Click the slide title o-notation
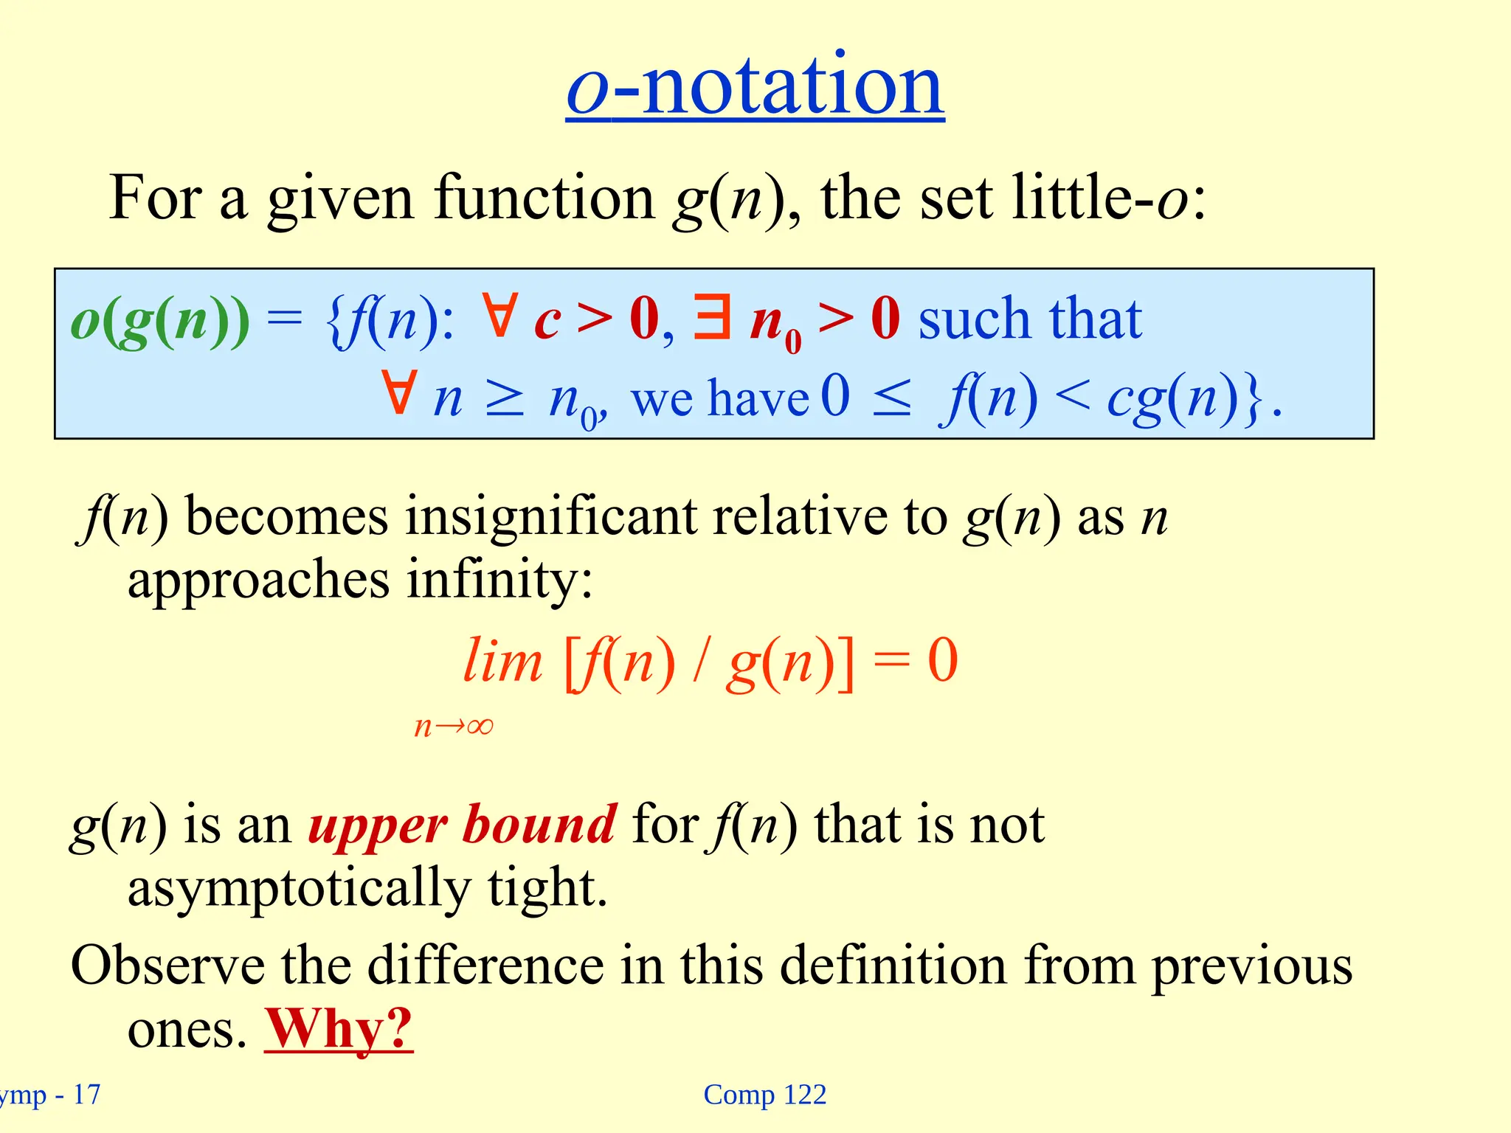pyautogui.click(x=755, y=87)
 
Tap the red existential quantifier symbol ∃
pyautogui.click(x=712, y=317)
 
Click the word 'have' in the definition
pyautogui.click(x=759, y=399)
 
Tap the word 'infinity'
pyautogui.click(x=499, y=579)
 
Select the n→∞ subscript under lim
pyautogui.click(x=454, y=727)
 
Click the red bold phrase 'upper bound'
pyautogui.click(x=462, y=824)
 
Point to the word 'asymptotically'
pyautogui.click(x=299, y=888)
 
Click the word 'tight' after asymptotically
pyautogui.click(x=546, y=888)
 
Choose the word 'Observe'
pyautogui.click(x=167, y=965)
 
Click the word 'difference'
pyautogui.click(x=485, y=965)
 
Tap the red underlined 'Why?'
pyautogui.click(x=339, y=1028)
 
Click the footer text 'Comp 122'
pyautogui.click(x=764, y=1095)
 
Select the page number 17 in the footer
pyautogui.click(x=87, y=1095)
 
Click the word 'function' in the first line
pyautogui.click(x=544, y=198)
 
